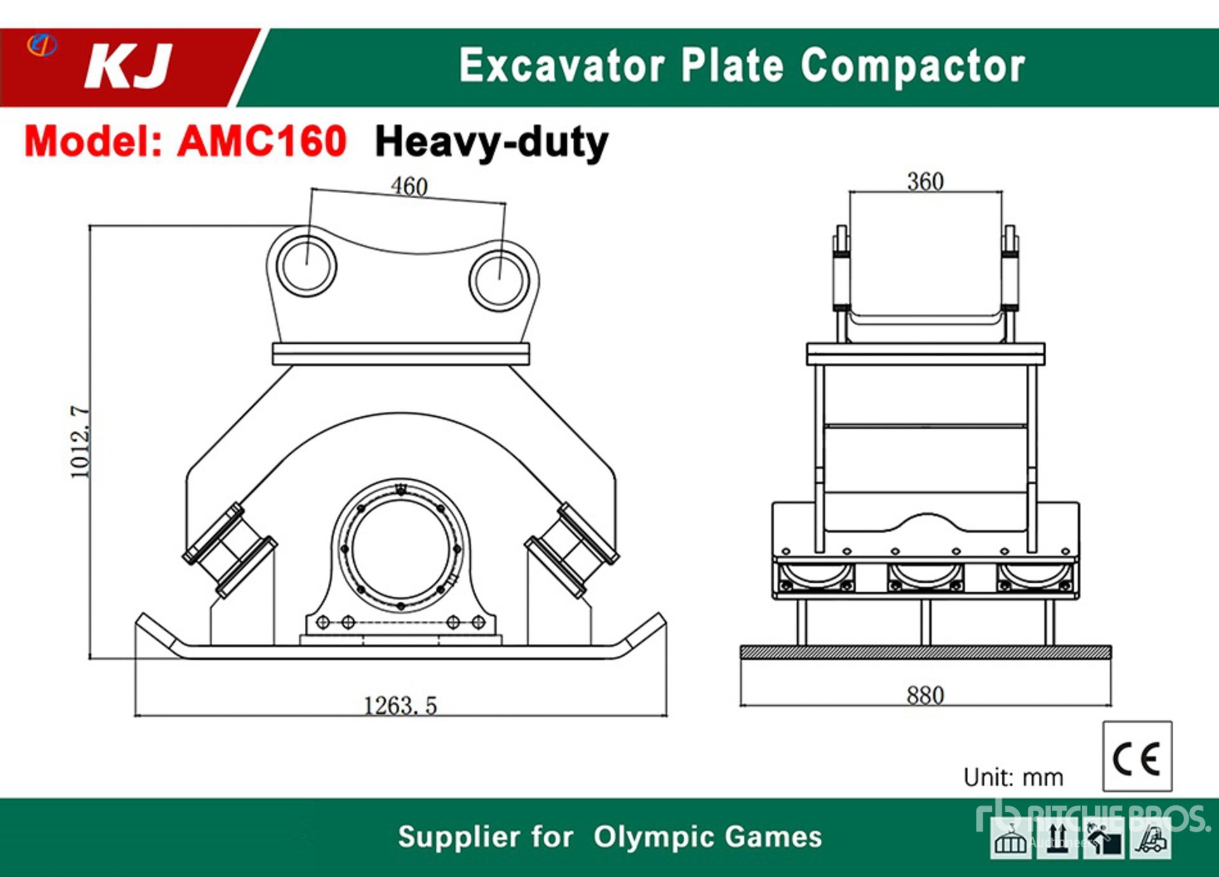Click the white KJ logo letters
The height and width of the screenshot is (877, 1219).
128,66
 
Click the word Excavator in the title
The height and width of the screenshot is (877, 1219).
562,65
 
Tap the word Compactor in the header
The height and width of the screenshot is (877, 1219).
913,66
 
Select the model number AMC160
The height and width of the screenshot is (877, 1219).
262,140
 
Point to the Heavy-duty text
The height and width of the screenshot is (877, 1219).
492,142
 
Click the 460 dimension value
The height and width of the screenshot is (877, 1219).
409,186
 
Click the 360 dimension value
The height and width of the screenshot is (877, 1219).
925,181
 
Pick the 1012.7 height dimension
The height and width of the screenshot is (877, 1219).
80,442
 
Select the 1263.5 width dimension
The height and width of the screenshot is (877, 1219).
400,705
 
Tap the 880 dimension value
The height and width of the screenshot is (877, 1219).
925,695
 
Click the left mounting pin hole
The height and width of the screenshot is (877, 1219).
307,266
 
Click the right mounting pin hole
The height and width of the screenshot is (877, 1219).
499,281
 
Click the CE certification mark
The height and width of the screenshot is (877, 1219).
1137,756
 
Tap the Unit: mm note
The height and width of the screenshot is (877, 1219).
1013,777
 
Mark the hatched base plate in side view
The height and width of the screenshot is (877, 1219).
926,652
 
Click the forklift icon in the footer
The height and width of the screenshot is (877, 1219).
1151,839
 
